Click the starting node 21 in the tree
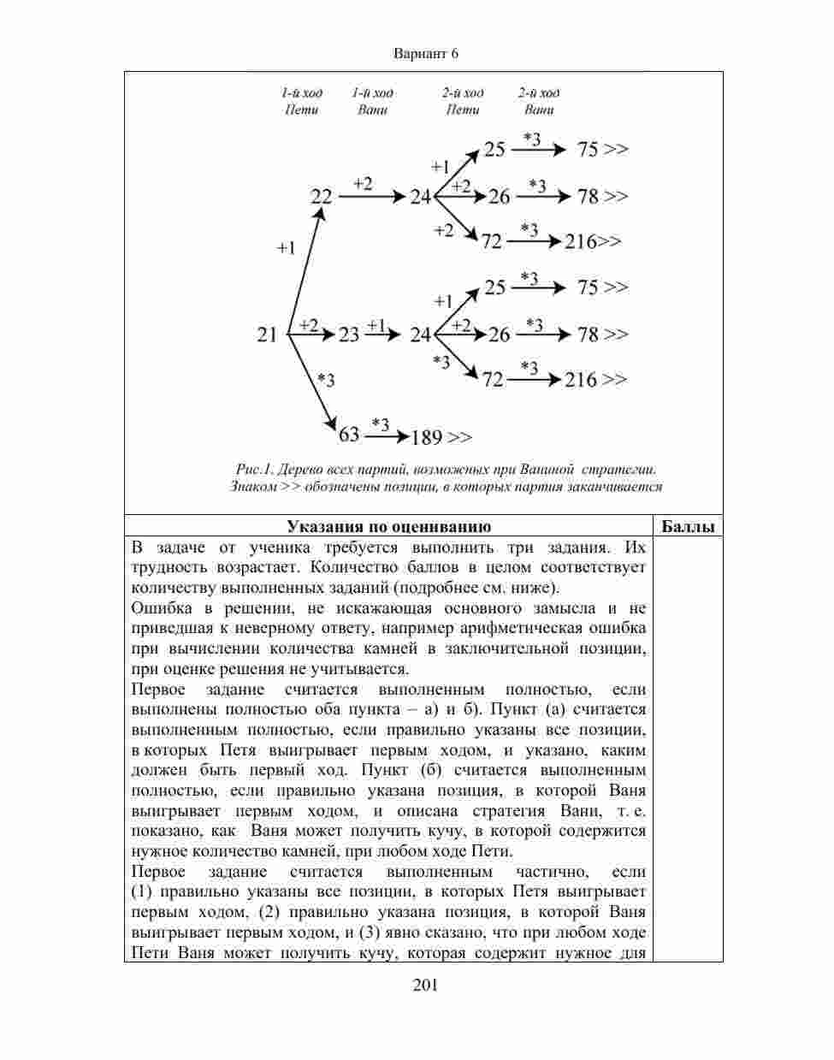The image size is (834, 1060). tap(267, 334)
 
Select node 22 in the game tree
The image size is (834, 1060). tap(321, 197)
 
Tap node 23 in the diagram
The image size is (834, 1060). tap(348, 334)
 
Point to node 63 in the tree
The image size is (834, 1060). tap(349, 435)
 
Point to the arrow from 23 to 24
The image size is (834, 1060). tap(382, 334)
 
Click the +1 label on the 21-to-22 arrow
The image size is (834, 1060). tap(286, 248)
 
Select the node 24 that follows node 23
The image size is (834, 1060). tap(420, 334)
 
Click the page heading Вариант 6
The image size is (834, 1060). tap(426, 53)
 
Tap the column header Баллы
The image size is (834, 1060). tap(688, 526)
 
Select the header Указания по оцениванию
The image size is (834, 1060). tap(388, 526)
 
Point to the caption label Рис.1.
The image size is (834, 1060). tap(254, 469)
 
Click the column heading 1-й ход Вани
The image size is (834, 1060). tap(373, 101)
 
